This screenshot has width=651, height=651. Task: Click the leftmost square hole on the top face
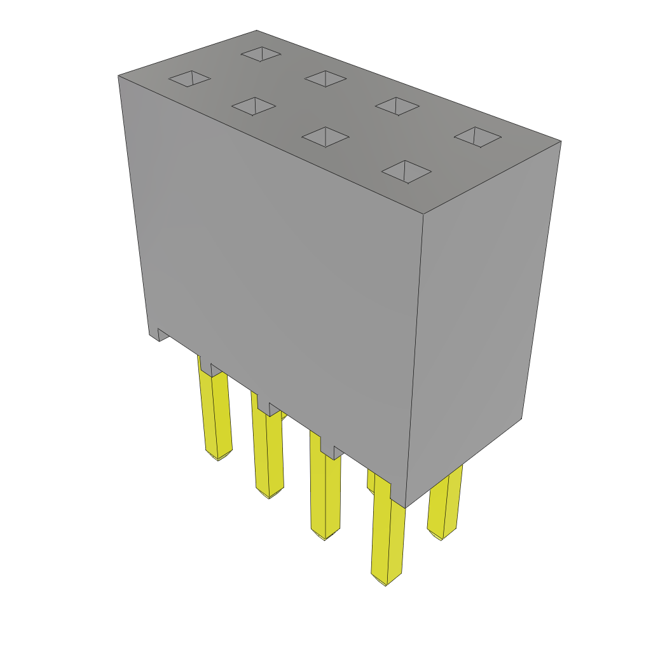pos(189,78)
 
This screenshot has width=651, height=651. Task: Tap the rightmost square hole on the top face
pos(477,137)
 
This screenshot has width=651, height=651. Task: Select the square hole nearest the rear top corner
pos(261,54)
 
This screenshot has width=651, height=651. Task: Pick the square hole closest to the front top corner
pos(406,172)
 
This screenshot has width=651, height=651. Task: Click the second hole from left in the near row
pos(254,106)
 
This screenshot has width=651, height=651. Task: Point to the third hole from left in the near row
pos(325,137)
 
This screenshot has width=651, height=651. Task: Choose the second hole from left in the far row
pos(325,79)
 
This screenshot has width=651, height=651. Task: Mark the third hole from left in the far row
pos(397,106)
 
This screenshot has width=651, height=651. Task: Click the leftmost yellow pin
pos(216,413)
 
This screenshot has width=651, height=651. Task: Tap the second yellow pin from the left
pos(268,451)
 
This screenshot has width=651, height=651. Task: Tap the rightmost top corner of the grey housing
pos(560,141)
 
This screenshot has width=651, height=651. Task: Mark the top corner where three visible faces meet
pos(423,214)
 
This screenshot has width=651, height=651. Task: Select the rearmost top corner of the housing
pos(257,31)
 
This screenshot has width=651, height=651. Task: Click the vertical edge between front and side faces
pos(415,356)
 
